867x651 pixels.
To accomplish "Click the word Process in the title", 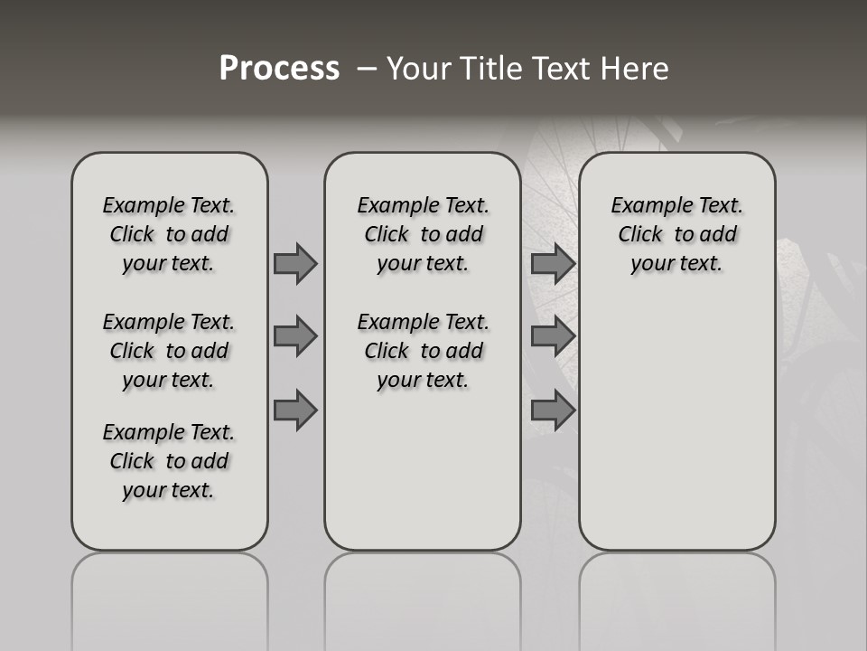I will [279, 69].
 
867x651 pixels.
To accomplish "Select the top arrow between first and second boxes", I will [295, 263].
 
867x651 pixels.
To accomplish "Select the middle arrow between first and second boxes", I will [295, 336].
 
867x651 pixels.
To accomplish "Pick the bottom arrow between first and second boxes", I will [295, 410].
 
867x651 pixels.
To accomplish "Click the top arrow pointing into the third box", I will [553, 263].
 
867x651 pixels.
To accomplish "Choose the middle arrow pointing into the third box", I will [553, 336].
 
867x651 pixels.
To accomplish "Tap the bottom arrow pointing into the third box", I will [553, 410].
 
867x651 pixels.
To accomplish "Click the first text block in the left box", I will [169, 234].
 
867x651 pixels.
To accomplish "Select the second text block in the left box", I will [169, 351].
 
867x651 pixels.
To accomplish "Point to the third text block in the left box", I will [169, 461].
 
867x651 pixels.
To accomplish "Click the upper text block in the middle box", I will [423, 234].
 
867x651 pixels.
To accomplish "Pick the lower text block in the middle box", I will [423, 351].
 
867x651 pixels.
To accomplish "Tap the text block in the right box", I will [676, 234].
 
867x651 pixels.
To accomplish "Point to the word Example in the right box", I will [646, 205].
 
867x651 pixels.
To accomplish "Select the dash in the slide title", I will [366, 69].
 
